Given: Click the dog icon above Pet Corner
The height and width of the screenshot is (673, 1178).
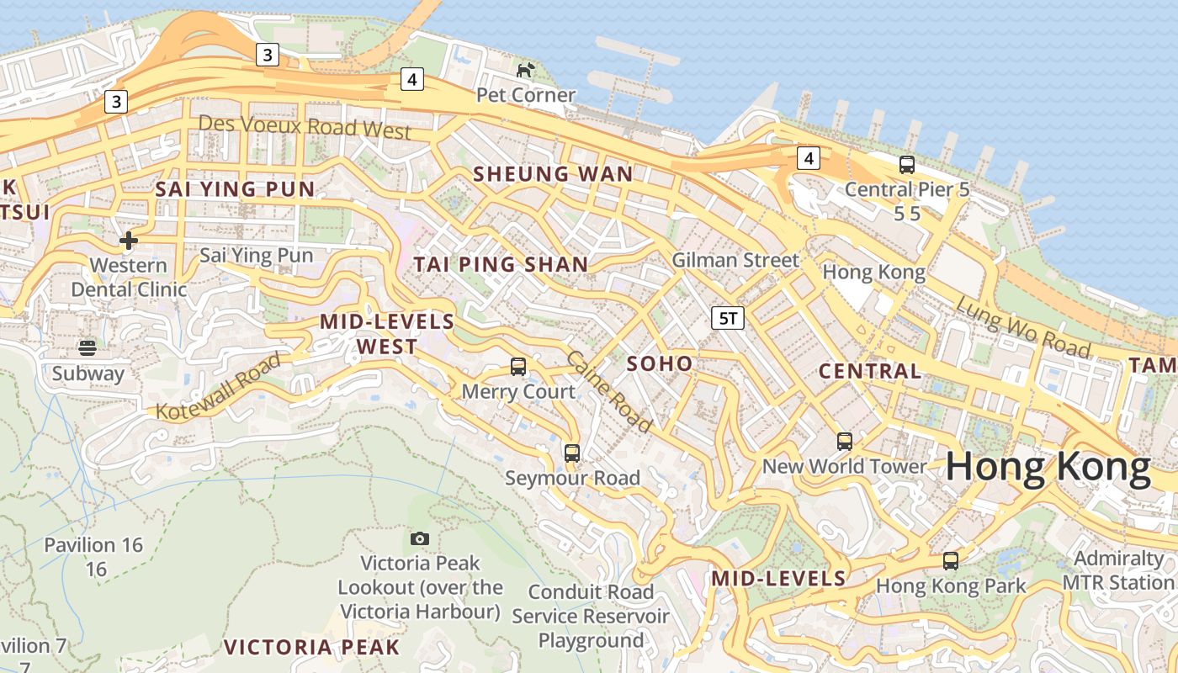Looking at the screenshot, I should [526, 70].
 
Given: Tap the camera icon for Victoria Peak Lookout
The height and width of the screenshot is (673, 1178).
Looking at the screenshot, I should [419, 538].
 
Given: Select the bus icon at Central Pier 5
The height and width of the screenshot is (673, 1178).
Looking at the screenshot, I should [906, 165].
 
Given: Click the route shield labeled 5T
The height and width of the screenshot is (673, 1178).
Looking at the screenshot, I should [728, 318].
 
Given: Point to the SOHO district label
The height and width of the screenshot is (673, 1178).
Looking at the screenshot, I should [661, 363].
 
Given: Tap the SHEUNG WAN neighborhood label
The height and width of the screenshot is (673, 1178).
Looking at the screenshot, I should [553, 174].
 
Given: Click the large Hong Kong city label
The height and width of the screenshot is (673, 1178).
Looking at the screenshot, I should [1048, 468].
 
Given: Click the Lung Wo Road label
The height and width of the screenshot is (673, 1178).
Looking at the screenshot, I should [1022, 327].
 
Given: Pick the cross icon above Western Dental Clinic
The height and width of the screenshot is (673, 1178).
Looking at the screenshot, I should [128, 241].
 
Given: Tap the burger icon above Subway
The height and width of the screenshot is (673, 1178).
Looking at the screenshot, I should [88, 347].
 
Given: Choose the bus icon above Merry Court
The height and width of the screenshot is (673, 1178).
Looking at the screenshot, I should [518, 367].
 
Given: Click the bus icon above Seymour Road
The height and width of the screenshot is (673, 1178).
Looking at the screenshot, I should [572, 453].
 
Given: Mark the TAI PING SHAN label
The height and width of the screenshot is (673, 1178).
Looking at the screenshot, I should [501, 264].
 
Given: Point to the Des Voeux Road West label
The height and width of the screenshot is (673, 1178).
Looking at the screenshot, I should [305, 127].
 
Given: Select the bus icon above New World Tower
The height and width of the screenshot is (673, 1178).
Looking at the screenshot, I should [844, 442].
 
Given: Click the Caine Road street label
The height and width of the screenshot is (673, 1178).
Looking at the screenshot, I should [609, 392].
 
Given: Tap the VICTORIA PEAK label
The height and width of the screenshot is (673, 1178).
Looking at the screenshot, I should [311, 647].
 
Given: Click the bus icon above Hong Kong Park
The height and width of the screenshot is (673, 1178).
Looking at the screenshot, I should [951, 561].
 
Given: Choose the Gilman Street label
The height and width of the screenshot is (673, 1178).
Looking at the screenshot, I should [735, 260].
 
